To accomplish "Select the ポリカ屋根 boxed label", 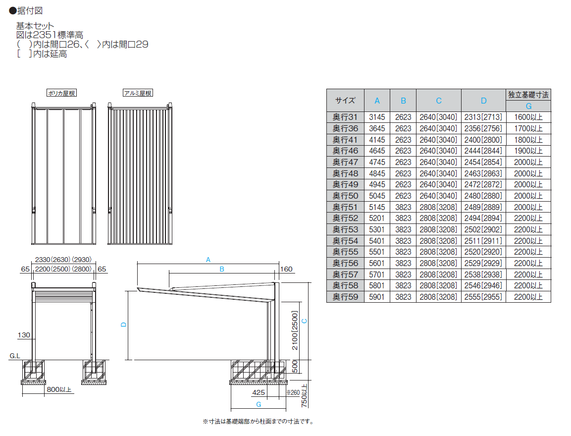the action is click(62, 93).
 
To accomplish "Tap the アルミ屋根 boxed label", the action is click(138, 93).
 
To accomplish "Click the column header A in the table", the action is click(377, 101).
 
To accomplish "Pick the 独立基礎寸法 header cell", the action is click(528, 95).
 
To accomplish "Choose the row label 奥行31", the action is click(345, 117).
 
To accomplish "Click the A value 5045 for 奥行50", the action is click(377, 196).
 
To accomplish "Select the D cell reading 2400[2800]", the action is click(483, 140).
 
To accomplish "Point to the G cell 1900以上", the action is click(528, 151).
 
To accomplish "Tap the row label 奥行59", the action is click(345, 297).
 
